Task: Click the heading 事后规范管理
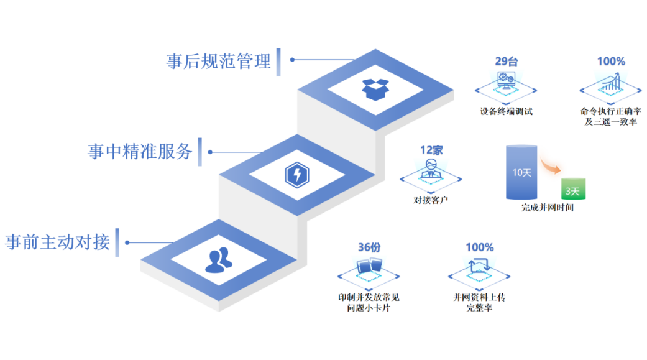click(x=218, y=61)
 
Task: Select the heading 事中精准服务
click(x=140, y=151)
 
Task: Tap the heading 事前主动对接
click(x=57, y=241)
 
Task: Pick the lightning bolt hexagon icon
click(x=296, y=174)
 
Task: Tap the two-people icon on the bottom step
click(x=218, y=261)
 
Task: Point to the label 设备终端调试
click(x=506, y=112)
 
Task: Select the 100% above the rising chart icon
click(x=611, y=62)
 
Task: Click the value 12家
click(x=431, y=150)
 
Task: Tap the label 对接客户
click(x=431, y=200)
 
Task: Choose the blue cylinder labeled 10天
click(x=521, y=172)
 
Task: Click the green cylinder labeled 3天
click(x=572, y=188)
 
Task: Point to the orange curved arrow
click(x=549, y=165)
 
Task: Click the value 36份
click(x=369, y=247)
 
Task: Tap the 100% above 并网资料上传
click(x=479, y=247)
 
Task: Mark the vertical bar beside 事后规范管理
click(x=278, y=62)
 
